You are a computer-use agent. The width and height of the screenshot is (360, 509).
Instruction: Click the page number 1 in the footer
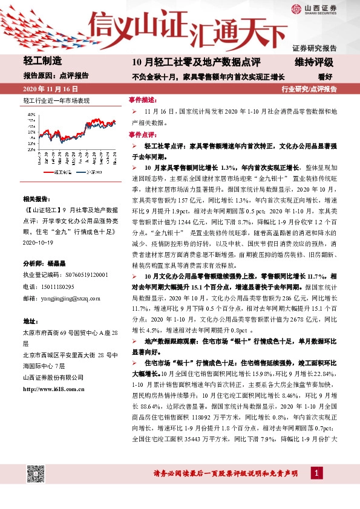(316, 473)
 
